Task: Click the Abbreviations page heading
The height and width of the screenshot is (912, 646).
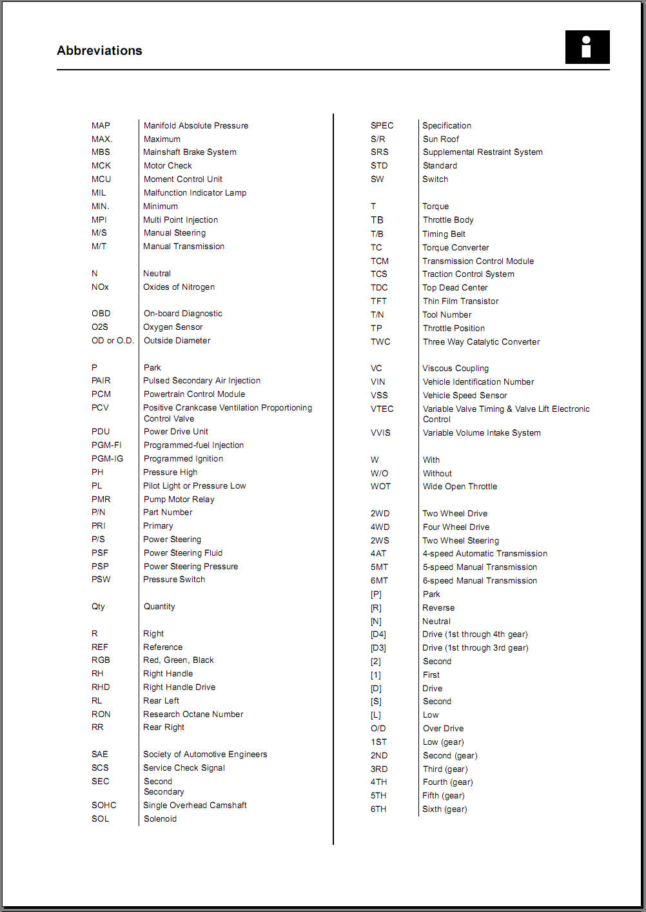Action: click(x=99, y=50)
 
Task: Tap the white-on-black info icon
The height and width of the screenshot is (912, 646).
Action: click(x=587, y=47)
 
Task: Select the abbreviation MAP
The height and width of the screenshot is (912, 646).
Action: click(x=101, y=125)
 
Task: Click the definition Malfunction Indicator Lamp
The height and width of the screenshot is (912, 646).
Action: click(x=195, y=192)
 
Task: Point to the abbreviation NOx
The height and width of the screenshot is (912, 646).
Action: click(x=100, y=287)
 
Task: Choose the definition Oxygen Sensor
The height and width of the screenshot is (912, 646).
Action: click(x=173, y=327)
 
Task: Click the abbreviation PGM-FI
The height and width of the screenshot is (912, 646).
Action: click(x=106, y=445)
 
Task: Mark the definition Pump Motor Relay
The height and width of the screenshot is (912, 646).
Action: click(x=179, y=499)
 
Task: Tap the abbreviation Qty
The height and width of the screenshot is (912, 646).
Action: click(x=98, y=606)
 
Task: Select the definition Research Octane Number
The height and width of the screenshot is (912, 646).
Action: click(x=193, y=714)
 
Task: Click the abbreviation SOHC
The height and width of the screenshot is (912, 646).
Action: click(x=104, y=805)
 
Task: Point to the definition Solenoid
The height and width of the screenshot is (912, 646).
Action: click(x=160, y=818)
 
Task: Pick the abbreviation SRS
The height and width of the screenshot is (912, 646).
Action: click(x=379, y=152)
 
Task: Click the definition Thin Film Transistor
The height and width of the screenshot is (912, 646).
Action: click(x=460, y=301)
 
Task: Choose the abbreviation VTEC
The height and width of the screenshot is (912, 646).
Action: click(x=382, y=409)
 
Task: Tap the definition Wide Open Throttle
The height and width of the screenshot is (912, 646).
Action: click(x=460, y=486)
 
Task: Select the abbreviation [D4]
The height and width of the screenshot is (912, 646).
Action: click(x=378, y=634)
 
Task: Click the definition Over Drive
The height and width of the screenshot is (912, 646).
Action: click(x=443, y=728)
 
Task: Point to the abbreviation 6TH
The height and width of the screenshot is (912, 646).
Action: click(x=378, y=809)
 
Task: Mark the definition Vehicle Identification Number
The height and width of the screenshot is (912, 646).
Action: click(x=478, y=381)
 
